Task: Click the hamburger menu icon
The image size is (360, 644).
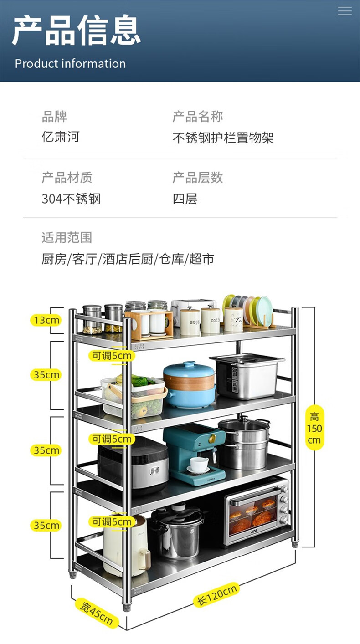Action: [x=345, y=11]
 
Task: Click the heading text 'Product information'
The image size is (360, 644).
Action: [x=70, y=64]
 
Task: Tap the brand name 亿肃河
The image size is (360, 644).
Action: [x=61, y=137]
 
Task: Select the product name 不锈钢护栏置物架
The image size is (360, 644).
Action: [x=223, y=138]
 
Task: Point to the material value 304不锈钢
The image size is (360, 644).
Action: [x=71, y=199]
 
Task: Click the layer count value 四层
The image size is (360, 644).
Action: [x=185, y=199]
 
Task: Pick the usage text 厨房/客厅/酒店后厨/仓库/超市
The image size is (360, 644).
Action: [x=128, y=259]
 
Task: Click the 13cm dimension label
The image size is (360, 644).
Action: [x=46, y=320]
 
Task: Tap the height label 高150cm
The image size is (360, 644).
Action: [x=314, y=428]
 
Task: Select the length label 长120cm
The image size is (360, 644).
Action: [x=217, y=594]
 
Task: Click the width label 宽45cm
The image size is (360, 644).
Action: [x=97, y=613]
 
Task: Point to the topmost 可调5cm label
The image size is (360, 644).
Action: [x=112, y=356]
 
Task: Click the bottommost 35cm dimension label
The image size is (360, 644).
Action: [x=46, y=526]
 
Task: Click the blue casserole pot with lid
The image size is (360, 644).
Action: [x=189, y=385]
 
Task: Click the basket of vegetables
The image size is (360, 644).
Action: [x=134, y=395]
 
